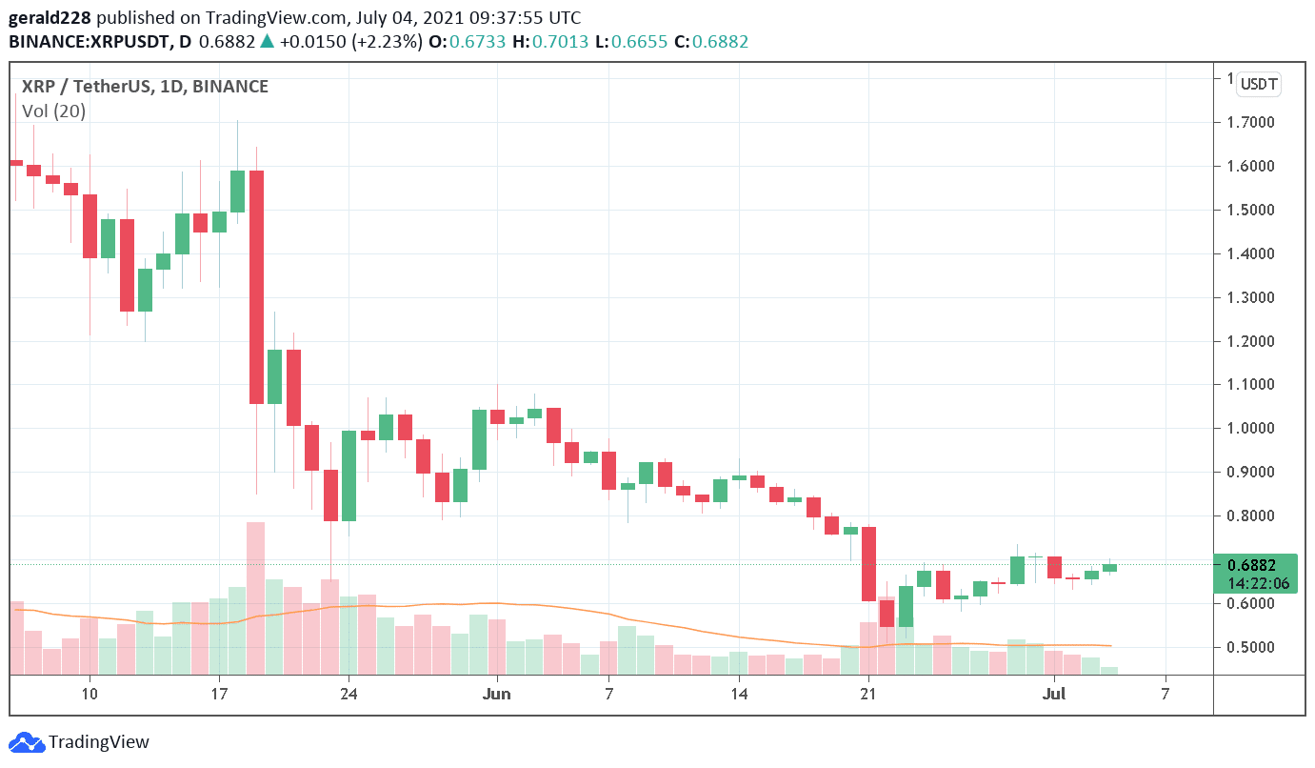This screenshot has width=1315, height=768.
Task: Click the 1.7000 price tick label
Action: click(x=1250, y=122)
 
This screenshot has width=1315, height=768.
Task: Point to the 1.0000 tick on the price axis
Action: click(x=1250, y=428)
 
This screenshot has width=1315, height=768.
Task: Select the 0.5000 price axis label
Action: click(x=1250, y=647)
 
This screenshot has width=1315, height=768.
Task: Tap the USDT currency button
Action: click(x=1259, y=84)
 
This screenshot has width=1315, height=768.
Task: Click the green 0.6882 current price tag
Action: click(x=1254, y=574)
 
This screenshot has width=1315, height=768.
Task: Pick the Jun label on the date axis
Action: click(x=496, y=693)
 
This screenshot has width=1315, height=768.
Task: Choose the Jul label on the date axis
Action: click(x=1054, y=693)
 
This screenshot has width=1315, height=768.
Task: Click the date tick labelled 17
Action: click(x=218, y=693)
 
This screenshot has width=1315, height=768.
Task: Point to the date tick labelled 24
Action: click(x=349, y=693)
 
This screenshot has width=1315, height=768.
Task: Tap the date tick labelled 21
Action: click(x=867, y=693)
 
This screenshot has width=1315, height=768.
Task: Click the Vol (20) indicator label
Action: click(x=54, y=111)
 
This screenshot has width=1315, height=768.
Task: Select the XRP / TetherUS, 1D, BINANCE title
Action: click(x=145, y=87)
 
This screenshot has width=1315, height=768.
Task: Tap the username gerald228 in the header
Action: click(x=50, y=18)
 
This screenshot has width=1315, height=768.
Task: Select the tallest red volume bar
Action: click(x=255, y=597)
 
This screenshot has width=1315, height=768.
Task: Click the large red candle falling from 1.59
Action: click(x=256, y=287)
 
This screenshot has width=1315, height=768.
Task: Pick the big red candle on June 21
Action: click(x=868, y=563)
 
